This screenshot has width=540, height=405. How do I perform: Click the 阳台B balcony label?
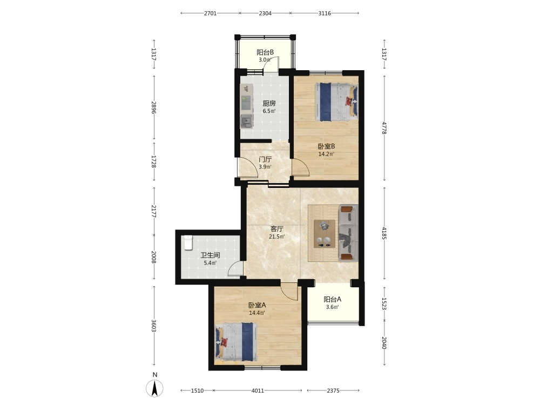coord(265,52)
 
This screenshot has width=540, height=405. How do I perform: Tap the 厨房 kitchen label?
coord(269,103)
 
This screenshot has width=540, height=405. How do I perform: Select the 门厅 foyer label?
coord(265,159)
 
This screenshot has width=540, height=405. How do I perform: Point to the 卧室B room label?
coord(326,146)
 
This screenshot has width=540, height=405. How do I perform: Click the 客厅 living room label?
coord(277,229)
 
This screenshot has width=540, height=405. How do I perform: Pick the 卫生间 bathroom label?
coord(210,255)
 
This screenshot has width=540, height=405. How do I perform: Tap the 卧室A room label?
coord(257,305)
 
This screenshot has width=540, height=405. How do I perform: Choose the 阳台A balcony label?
coord(332,299)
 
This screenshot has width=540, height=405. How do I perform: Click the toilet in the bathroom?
coord(188,242)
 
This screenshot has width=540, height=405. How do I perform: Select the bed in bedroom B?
coord(336,102)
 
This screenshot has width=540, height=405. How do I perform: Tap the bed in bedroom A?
coord(237,342)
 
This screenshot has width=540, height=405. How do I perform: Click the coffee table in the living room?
coord(325,234)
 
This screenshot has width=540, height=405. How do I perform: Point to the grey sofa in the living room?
coord(348,233)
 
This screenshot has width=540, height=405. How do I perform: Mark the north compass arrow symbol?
coord(155,389)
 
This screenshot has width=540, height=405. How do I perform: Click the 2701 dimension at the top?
coord(210,13)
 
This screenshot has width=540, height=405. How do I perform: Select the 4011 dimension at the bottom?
coord(258,390)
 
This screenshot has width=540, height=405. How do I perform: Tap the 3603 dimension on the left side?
coord(154,326)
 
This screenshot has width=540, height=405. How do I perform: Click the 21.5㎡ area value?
coord(277,237)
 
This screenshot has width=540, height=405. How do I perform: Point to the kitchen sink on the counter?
coord(246,121)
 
